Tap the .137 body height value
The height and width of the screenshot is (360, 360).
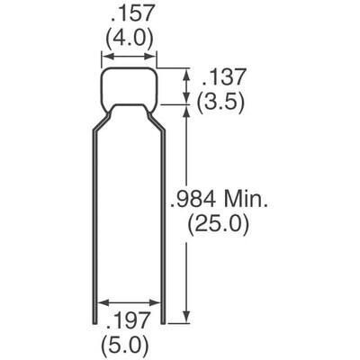(x=220, y=76)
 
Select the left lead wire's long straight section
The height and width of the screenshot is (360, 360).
(x=95, y=225)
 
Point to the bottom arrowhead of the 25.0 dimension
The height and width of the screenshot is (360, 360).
(x=185, y=317)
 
